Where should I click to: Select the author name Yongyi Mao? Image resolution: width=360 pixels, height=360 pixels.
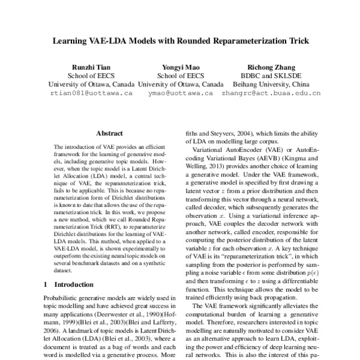[x=180, y=67]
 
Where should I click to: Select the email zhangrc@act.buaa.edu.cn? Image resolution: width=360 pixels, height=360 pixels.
[x=271, y=94]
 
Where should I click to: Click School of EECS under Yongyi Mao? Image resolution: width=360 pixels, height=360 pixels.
[x=180, y=76]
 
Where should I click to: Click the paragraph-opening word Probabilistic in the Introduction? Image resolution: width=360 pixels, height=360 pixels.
[x=66, y=298]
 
